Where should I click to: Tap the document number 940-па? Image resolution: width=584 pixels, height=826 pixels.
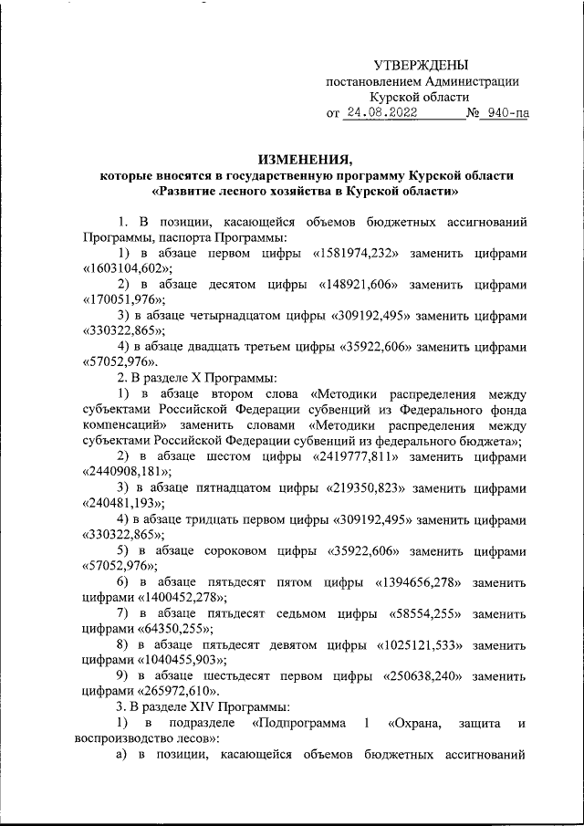pos(506,115)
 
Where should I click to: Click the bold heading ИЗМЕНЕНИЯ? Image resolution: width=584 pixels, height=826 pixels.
pos(306,157)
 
